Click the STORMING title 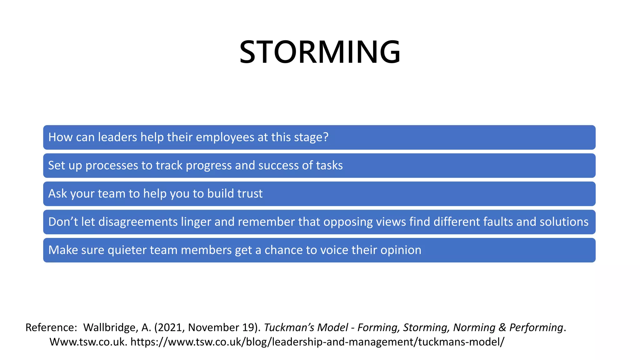point(320,52)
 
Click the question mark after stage point(326,137)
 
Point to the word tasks point(329,166)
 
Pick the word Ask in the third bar point(57,194)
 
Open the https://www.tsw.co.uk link point(317,342)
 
